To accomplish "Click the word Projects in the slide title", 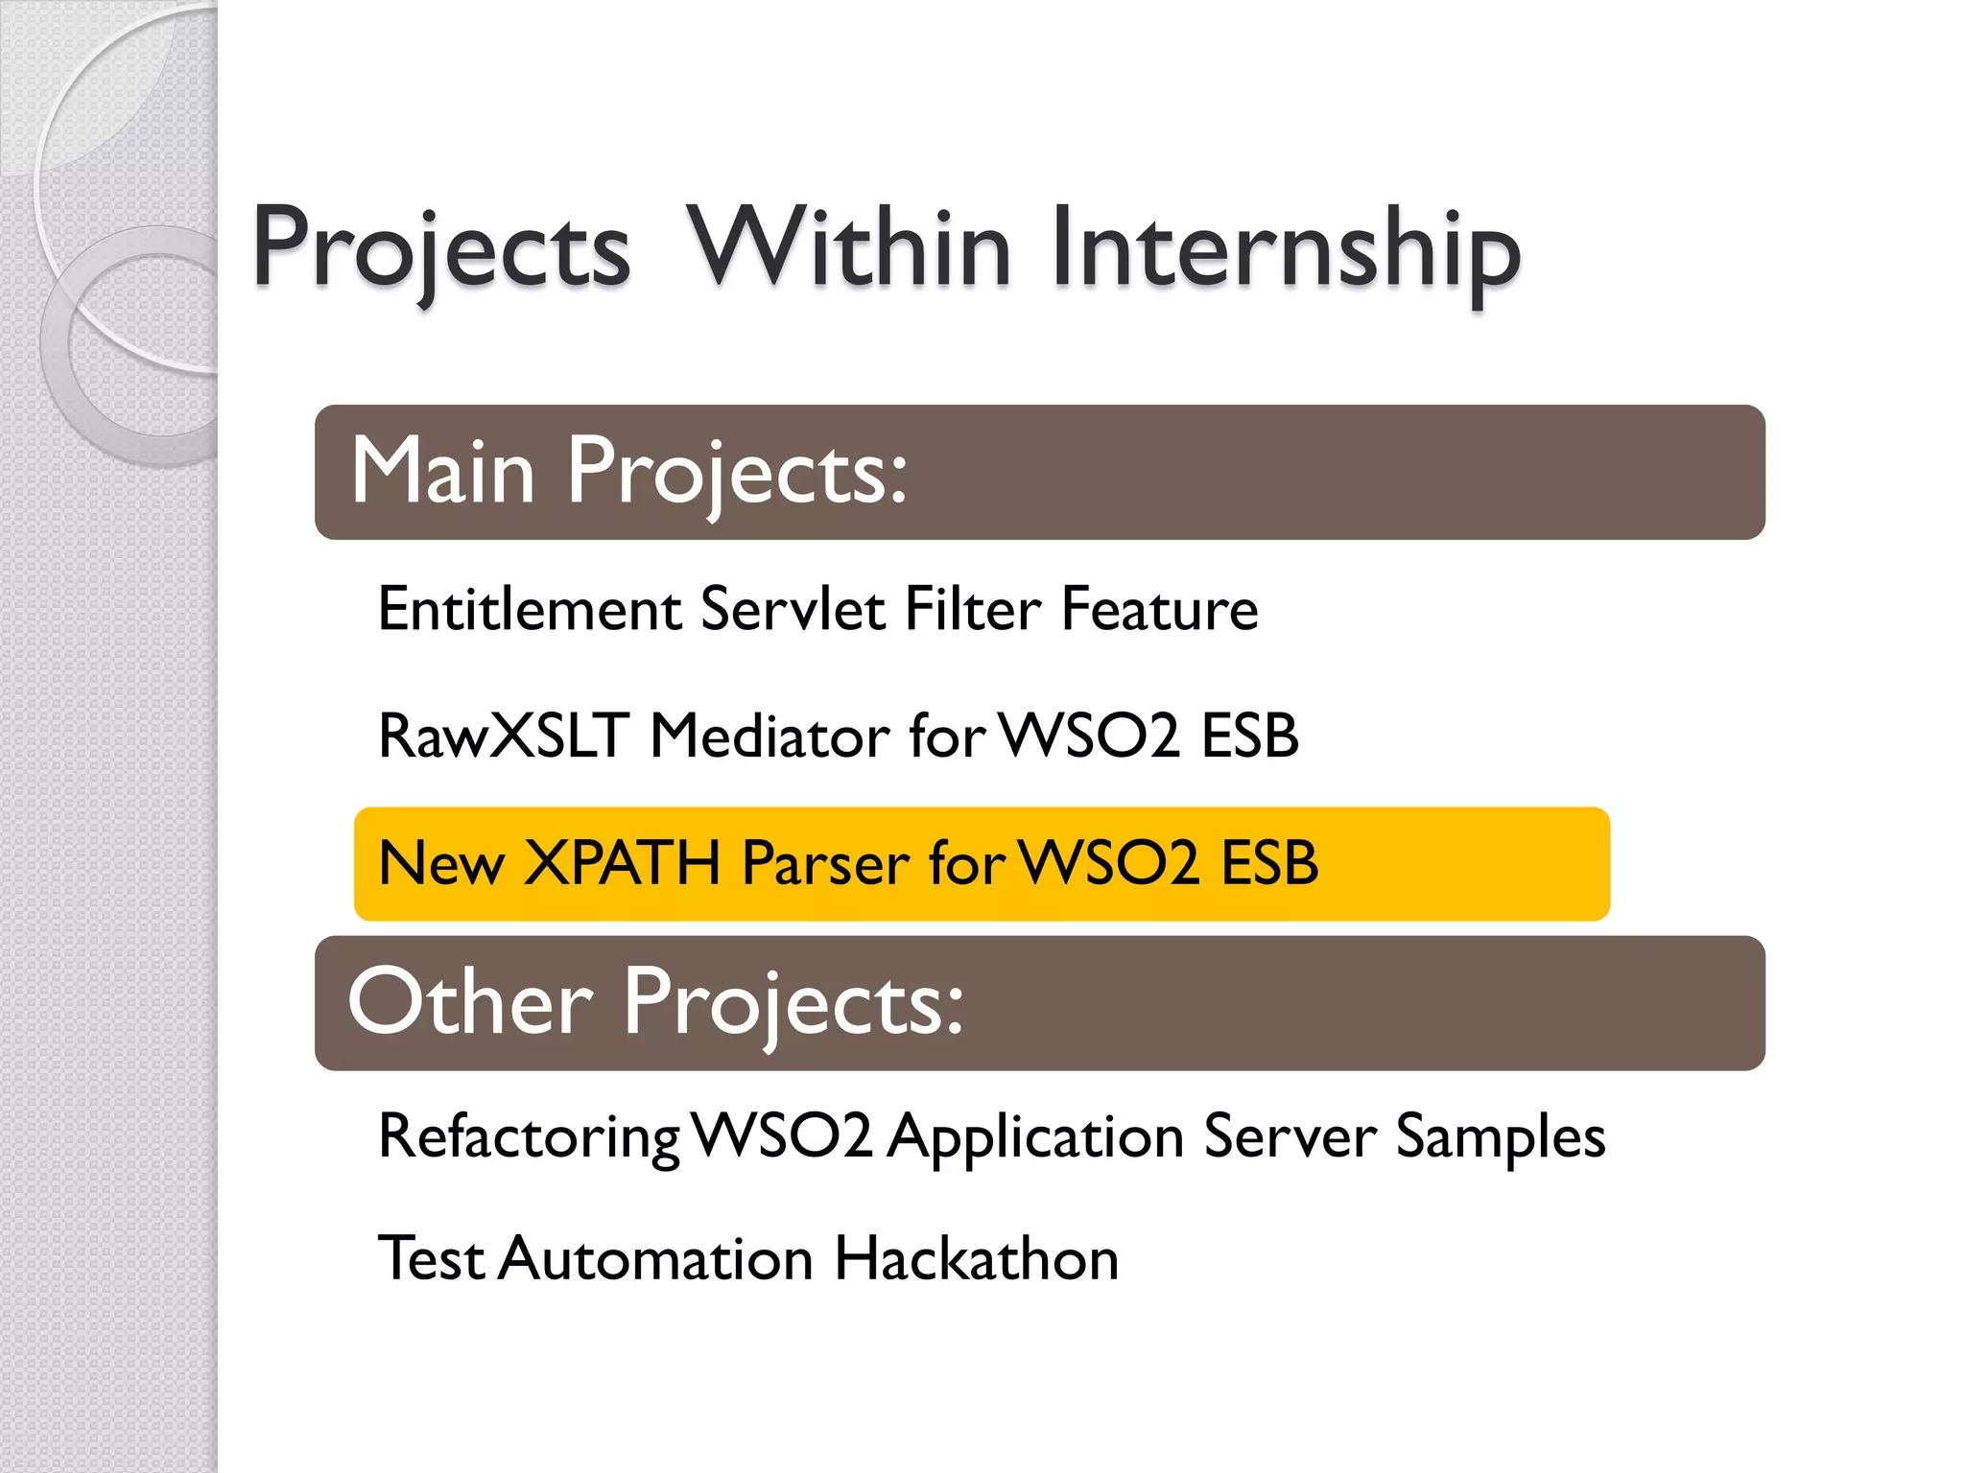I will tap(441, 251).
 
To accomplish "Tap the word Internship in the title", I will tap(1286, 251).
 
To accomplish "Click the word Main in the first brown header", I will tap(442, 471).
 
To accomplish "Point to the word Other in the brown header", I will tap(470, 1002).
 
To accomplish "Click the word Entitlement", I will tap(530, 610).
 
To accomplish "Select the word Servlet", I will tap(793, 610).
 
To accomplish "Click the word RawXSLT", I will tap(504, 736).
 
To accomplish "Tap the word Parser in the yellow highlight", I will tap(826, 863).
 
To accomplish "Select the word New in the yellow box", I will tap(441, 863).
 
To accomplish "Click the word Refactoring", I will tap(529, 1138).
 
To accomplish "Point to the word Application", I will tap(1035, 1138).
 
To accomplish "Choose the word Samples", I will tap(1500, 1138).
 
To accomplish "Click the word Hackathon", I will tap(976, 1259).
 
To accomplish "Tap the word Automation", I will tap(656, 1259).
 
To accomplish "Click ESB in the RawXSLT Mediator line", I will tap(1249, 736).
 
